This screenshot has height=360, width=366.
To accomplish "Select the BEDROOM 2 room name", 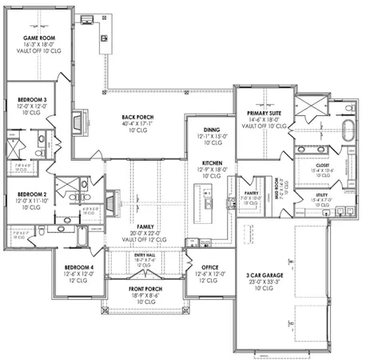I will pos(33,194).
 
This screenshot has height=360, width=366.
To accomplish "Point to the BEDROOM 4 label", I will pos(78,266).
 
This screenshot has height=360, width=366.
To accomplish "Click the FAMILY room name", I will pos(145,227).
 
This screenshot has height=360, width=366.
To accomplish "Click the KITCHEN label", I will pos(212,164).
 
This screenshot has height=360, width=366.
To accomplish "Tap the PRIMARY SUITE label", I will pos(261,114).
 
